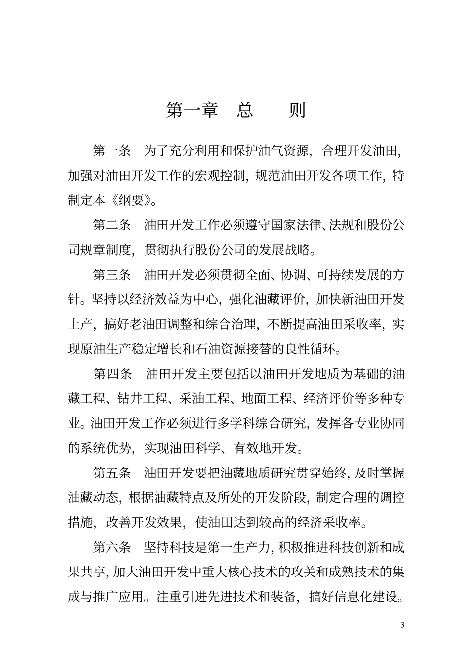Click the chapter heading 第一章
(x=192, y=110)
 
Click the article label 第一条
(x=112, y=151)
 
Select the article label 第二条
(x=112, y=225)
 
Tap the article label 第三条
(x=112, y=275)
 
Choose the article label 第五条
(x=112, y=473)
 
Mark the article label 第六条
(x=112, y=547)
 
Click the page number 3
(x=402, y=625)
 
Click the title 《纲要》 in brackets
(x=130, y=200)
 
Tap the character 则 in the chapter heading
(x=297, y=110)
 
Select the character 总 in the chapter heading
(x=244, y=110)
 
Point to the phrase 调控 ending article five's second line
(x=393, y=498)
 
